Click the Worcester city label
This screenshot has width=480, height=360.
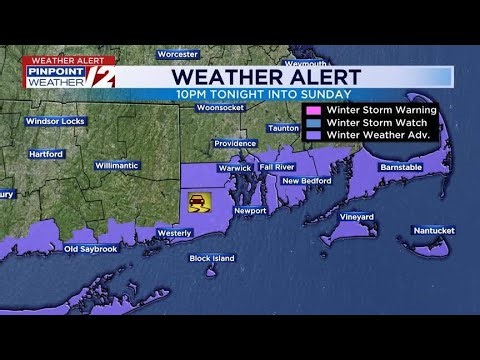click(x=177, y=53)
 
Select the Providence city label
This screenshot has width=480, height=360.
click(x=235, y=143)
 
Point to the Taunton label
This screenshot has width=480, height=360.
click(x=283, y=128)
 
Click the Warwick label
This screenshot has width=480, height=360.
click(x=235, y=168)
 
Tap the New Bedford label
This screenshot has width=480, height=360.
click(x=306, y=181)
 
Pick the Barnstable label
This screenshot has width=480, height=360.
click(x=401, y=168)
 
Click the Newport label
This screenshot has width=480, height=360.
click(x=249, y=211)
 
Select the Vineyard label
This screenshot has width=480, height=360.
click(x=356, y=217)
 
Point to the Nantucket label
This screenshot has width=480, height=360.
click(x=433, y=230)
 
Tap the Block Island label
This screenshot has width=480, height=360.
click(x=212, y=258)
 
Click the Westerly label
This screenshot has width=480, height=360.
click(x=174, y=233)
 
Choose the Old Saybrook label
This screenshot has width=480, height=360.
click(x=91, y=248)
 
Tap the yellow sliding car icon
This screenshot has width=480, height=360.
click(x=196, y=202)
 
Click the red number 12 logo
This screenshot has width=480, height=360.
click(x=103, y=75)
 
